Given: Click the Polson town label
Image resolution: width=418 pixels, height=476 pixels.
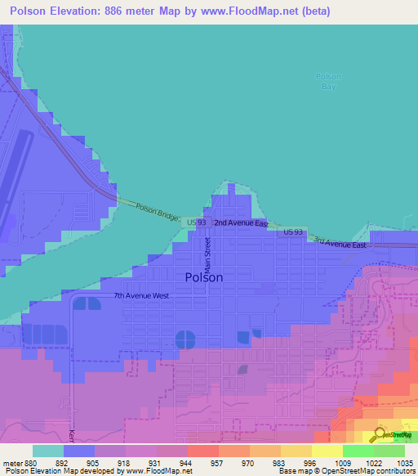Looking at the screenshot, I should pos(204,277).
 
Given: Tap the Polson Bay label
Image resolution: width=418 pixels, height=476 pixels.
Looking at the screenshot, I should pos(327,81).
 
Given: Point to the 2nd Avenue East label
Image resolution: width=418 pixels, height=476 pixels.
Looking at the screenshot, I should pos(241,222).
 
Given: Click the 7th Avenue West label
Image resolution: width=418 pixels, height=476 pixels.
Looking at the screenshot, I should pos(141,295).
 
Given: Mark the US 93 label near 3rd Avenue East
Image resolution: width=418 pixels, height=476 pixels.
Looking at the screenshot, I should pos(294,232).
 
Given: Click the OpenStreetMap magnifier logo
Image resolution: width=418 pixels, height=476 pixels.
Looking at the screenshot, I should pos(380,436).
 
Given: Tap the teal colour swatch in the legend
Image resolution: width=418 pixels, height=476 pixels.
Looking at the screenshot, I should pos(47,451).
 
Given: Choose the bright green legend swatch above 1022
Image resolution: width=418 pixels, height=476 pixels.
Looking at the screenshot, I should pos(358,451).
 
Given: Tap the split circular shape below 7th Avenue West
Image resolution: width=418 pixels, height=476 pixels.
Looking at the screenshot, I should pos(185,339).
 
